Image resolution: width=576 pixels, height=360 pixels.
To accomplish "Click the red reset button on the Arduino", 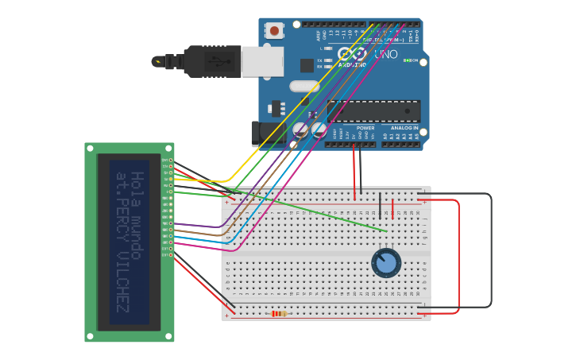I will (x=274, y=31).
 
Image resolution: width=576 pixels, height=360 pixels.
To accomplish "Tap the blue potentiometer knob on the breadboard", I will (x=386, y=263).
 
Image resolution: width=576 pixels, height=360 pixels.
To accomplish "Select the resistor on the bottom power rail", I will (x=279, y=314).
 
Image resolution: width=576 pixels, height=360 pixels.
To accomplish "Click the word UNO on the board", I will (x=385, y=55).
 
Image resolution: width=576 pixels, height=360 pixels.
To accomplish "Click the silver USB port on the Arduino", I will (x=262, y=61).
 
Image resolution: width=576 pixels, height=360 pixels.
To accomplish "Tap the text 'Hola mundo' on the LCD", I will (x=137, y=215).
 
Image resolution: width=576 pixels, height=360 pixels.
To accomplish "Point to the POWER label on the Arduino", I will (x=365, y=127).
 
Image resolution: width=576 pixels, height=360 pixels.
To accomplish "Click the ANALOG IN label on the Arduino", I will (x=404, y=127).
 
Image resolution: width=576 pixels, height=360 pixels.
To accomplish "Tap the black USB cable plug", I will (x=211, y=61).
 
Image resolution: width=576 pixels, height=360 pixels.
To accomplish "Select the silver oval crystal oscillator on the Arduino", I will (x=304, y=86).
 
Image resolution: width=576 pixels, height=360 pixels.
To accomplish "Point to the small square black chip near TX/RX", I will (x=307, y=65).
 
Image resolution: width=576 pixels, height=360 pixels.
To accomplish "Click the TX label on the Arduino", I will (x=320, y=60).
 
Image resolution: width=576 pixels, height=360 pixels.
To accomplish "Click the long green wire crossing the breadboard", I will (x=318, y=211).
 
